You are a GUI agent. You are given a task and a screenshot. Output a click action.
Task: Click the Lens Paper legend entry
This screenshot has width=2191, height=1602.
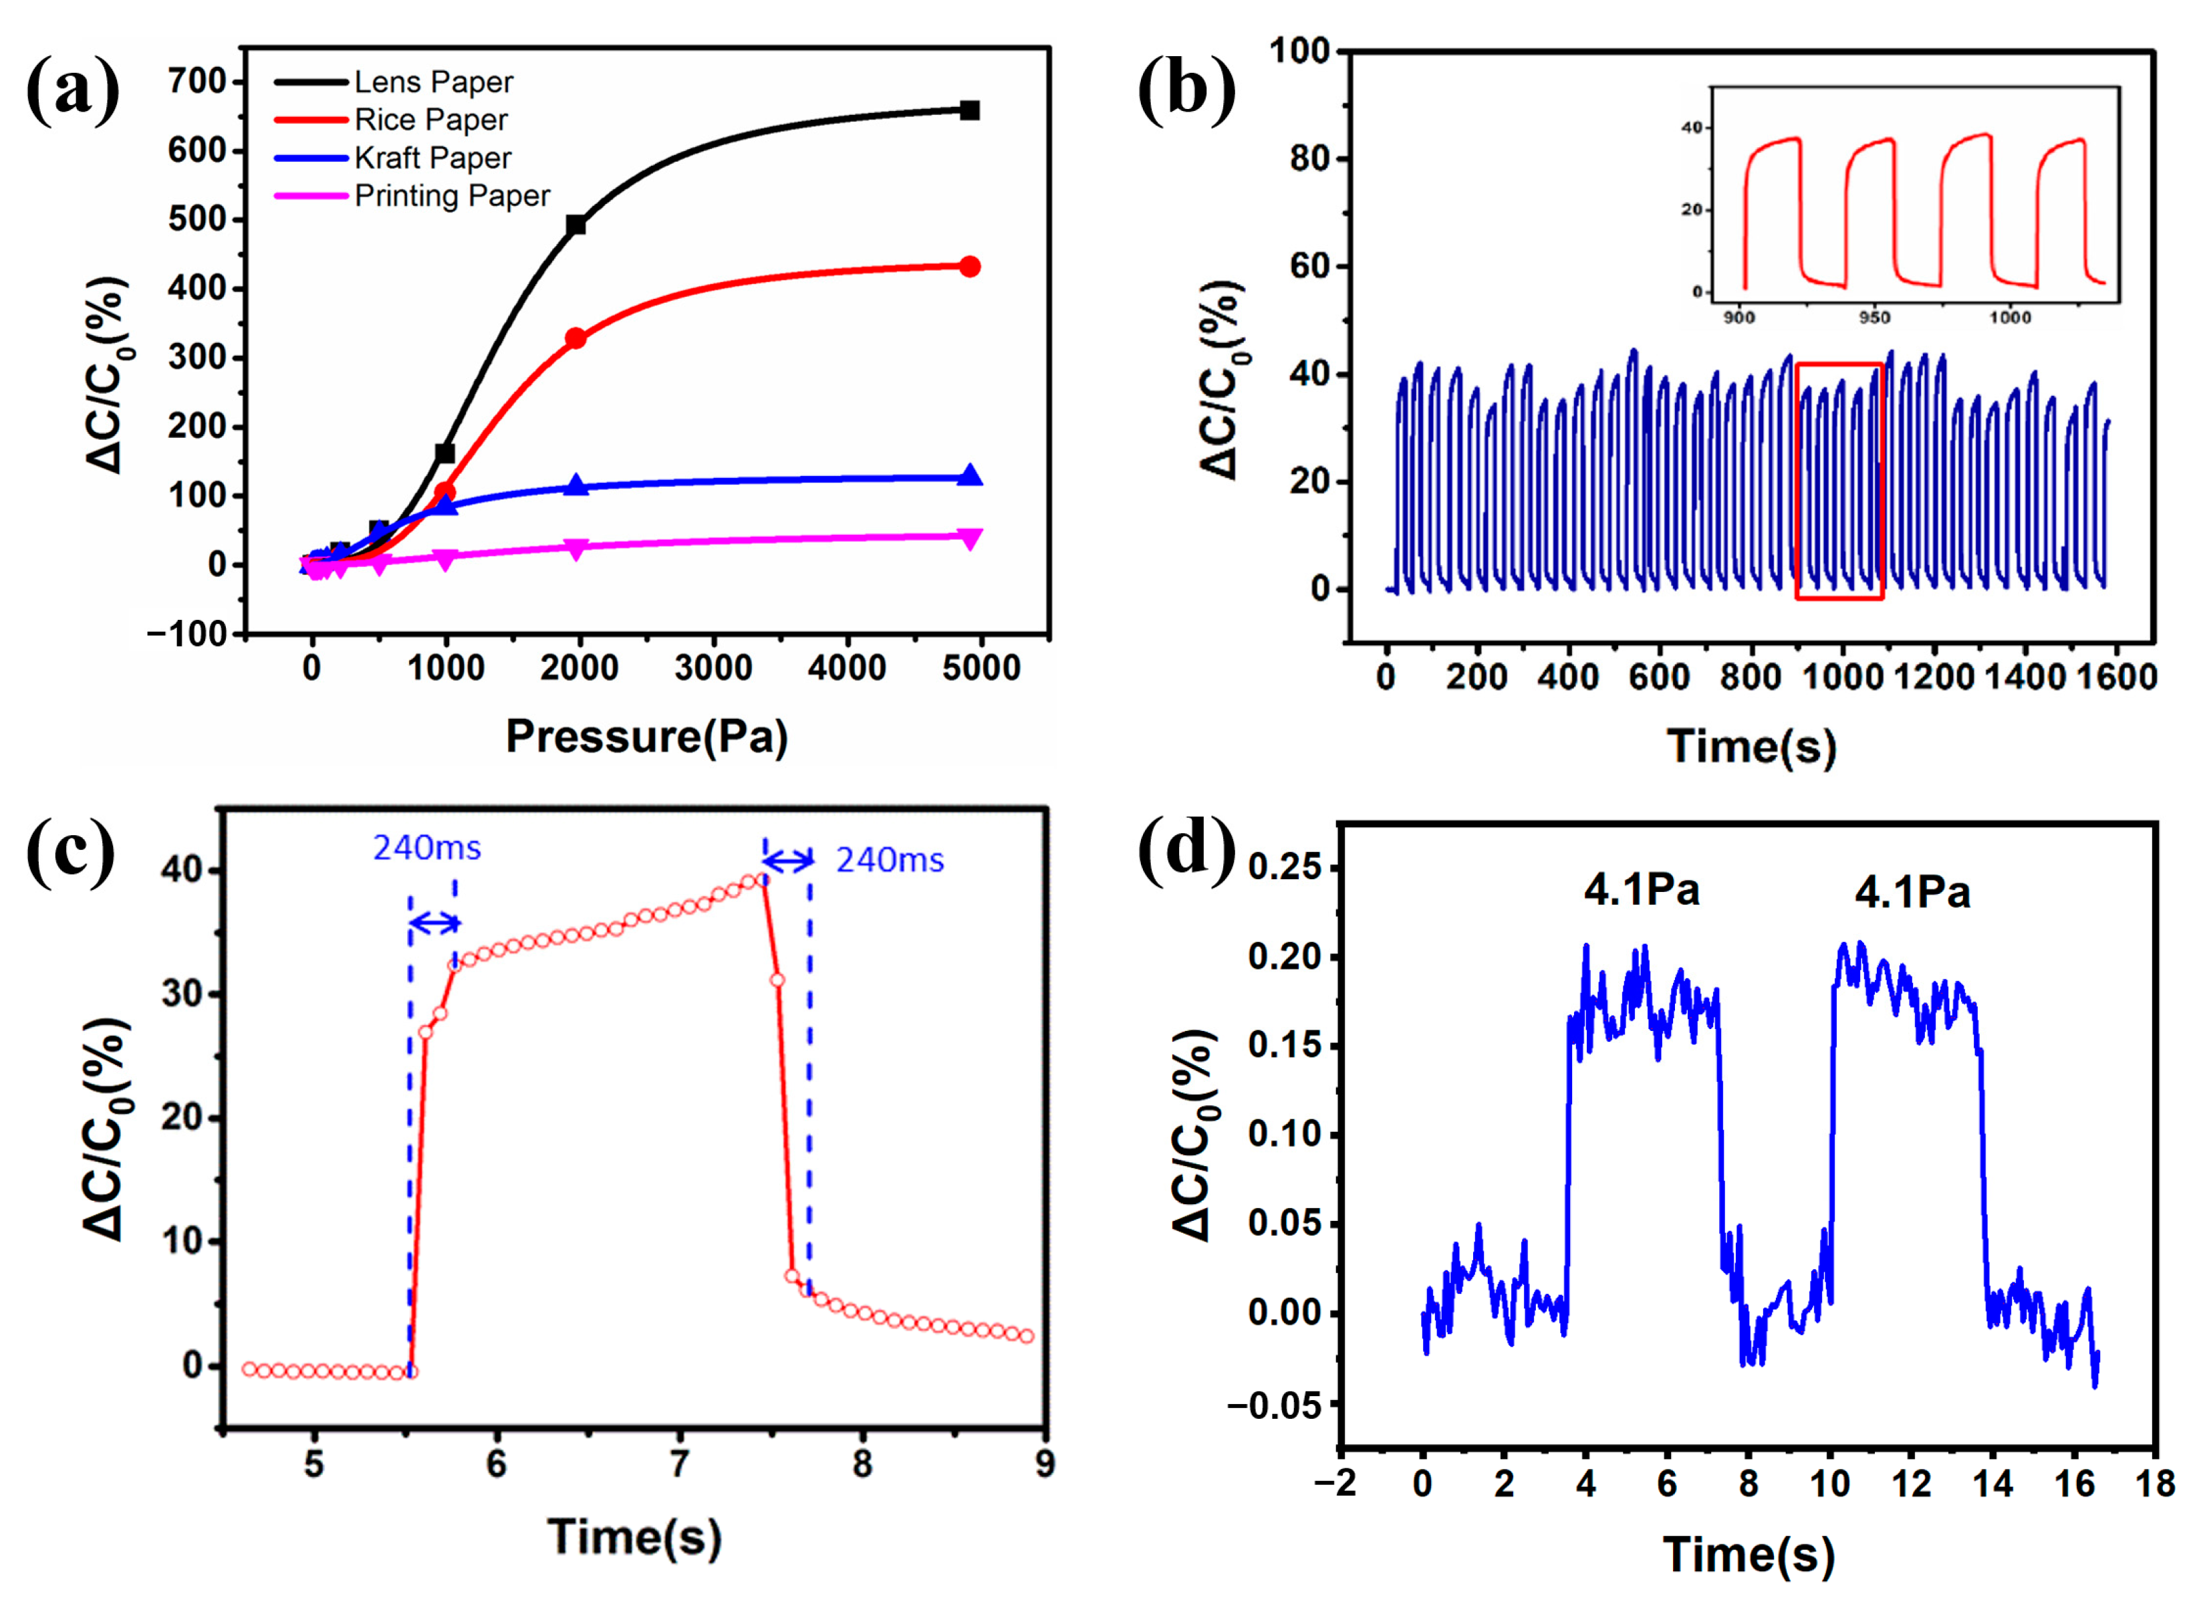pos(432,82)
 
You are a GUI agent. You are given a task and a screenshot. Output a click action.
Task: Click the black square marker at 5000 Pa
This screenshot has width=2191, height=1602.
pos(969,110)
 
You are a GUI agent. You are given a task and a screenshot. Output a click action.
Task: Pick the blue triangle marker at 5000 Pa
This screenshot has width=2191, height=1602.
pos(969,475)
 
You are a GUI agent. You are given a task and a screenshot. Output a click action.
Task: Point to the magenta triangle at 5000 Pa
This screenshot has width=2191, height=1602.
pos(969,539)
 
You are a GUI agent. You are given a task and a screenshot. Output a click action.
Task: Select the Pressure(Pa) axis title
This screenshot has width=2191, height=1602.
pos(646,737)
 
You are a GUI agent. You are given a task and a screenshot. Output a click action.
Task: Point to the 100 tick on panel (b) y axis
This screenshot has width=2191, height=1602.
pos(1299,50)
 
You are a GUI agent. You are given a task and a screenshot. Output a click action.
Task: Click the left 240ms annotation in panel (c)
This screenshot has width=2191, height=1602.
pos(426,848)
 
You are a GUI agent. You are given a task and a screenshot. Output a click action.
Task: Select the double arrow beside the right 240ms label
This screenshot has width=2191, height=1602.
pos(787,860)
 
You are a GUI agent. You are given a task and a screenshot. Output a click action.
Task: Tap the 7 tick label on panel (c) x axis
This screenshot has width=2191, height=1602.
pos(680,1464)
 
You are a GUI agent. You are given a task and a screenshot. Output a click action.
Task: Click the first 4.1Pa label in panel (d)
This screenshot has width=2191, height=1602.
pos(1642,889)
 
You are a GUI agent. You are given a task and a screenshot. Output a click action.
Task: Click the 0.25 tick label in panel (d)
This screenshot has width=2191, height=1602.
pos(1285,868)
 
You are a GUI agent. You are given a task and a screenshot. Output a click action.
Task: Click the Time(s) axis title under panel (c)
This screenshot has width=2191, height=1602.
pos(635,1537)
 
